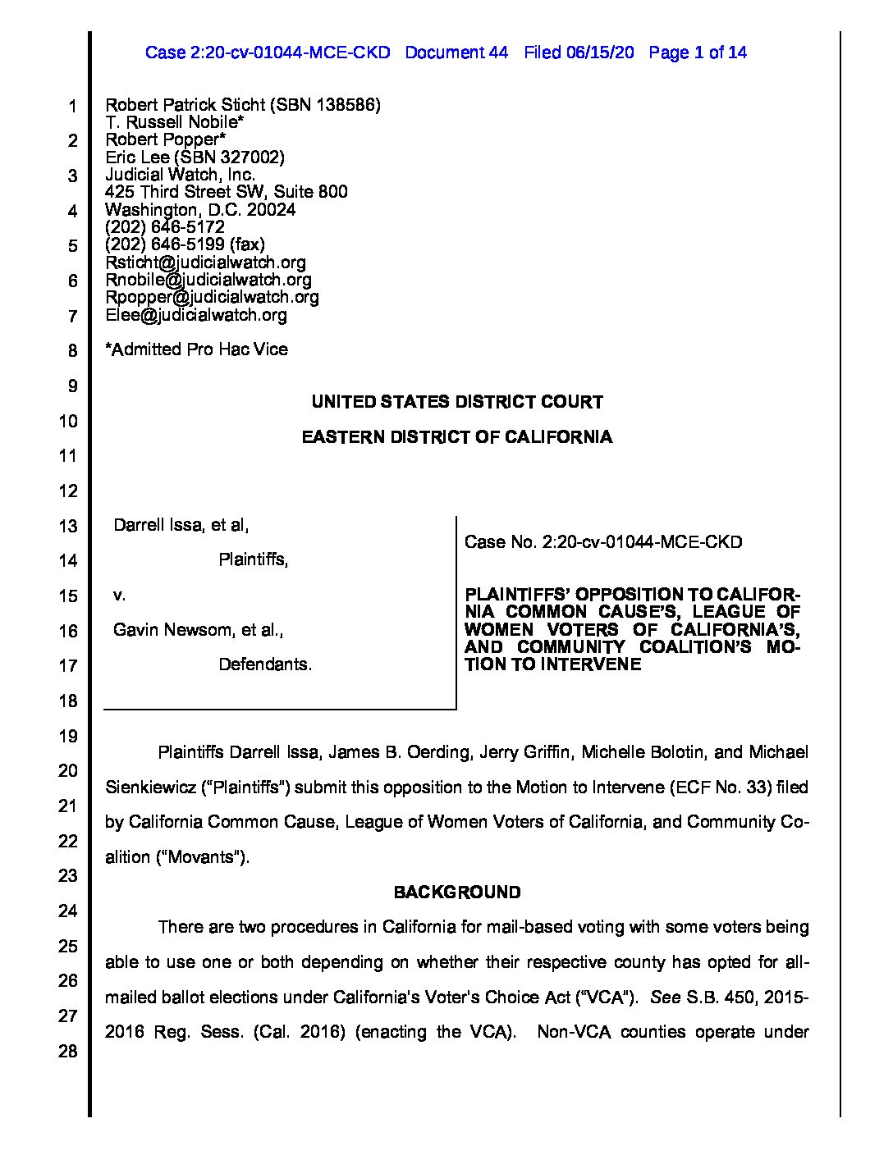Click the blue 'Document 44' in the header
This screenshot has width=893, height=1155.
click(x=456, y=52)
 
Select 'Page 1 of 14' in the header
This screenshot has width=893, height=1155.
click(x=697, y=52)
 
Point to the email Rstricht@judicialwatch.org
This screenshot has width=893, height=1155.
click(x=205, y=262)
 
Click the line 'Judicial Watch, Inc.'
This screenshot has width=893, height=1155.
click(x=180, y=175)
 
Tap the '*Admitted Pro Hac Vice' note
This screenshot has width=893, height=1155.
click(x=196, y=349)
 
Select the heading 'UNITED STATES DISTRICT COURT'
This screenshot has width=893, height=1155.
click(x=457, y=402)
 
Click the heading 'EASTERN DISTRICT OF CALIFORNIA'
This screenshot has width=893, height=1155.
click(x=457, y=437)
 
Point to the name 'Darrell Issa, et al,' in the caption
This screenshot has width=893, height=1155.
click(x=181, y=525)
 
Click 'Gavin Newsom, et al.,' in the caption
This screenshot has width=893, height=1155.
click(x=198, y=630)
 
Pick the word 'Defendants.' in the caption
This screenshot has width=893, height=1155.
click(x=265, y=664)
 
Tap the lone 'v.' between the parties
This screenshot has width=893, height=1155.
click(x=119, y=595)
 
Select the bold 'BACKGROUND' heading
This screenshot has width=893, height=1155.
click(x=457, y=892)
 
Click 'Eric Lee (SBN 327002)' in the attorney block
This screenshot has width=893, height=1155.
click(x=195, y=157)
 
